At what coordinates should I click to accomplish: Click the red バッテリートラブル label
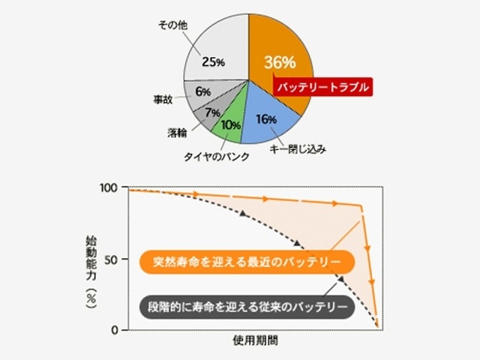pos(322,88)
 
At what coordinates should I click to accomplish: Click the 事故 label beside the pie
pos(163,98)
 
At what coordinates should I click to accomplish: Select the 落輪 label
pos(178,133)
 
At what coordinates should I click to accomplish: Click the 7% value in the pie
pos(211,112)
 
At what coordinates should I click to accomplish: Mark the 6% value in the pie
pos(202,91)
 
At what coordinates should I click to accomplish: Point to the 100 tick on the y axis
pos(109,187)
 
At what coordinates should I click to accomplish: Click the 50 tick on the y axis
pos(111,259)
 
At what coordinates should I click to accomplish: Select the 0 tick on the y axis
pos(115,330)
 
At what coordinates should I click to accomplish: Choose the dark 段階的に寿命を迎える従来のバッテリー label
pos(246,306)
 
